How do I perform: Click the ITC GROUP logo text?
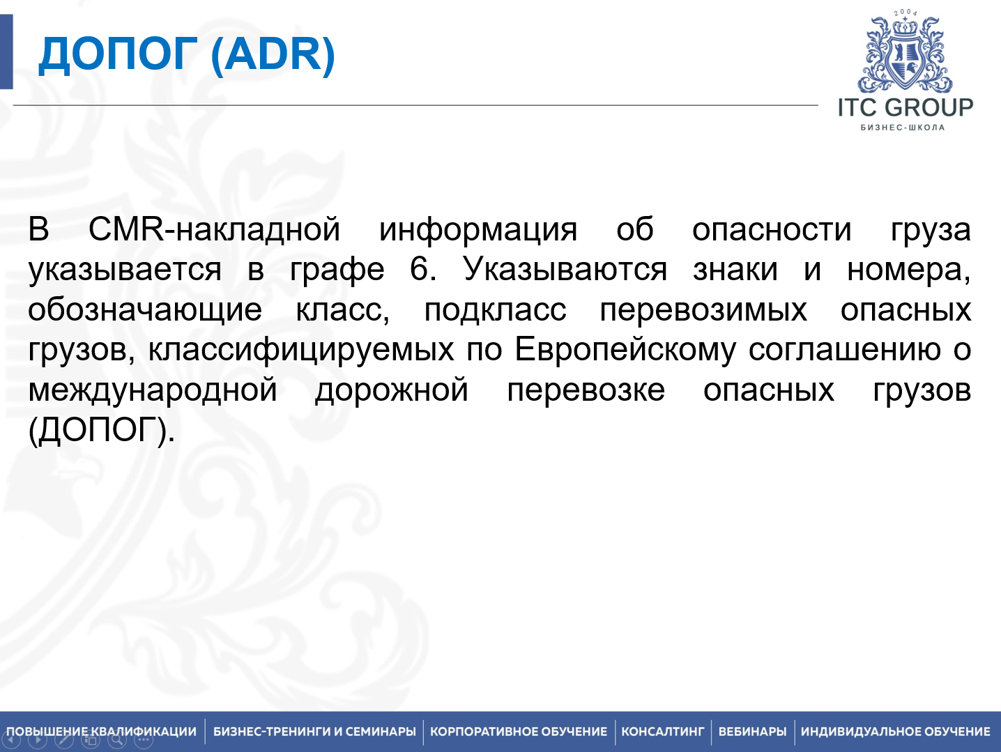pos(905,108)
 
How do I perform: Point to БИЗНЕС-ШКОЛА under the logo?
pos(903,128)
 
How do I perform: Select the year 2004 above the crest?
pos(906,13)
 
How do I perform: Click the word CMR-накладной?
pos(214,229)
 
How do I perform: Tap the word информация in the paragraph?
pos(478,229)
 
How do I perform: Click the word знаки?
pos(735,269)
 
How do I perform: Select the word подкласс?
pos(495,309)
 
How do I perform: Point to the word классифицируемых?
pos(301,349)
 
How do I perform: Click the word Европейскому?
pos(625,349)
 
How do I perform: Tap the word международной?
pos(153,390)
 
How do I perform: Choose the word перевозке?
pos(586,390)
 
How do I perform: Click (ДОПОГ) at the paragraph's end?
pos(101,430)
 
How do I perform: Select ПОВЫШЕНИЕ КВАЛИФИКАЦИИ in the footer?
pos(102,731)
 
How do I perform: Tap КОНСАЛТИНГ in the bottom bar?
pos(662,731)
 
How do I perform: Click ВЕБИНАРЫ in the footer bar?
pos(752,731)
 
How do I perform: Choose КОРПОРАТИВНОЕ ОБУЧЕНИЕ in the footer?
pos(519,731)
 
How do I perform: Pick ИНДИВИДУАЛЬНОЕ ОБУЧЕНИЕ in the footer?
pos(895,731)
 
